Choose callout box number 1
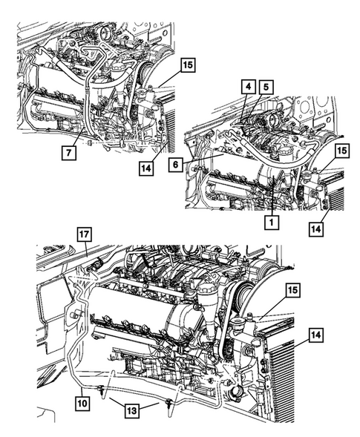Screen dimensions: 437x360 tap(274, 221)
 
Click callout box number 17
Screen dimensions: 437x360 tap(84, 236)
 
